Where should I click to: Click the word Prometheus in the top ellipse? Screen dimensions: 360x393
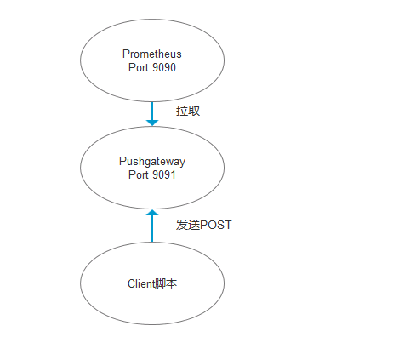click(152, 54)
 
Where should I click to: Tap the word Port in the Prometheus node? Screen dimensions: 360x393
click(139, 68)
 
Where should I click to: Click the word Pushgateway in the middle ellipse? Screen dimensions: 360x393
click(152, 161)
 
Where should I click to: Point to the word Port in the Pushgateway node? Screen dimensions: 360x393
click(139, 174)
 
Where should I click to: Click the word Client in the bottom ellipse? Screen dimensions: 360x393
click(141, 283)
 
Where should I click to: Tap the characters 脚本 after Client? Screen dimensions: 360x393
click(167, 283)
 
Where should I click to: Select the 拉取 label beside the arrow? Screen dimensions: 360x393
click(188, 111)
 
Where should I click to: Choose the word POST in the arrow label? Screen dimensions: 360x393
click(215, 225)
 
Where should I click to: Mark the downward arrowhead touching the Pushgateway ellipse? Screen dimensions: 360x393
click(152, 123)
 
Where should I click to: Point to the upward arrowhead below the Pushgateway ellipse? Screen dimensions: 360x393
click(152, 214)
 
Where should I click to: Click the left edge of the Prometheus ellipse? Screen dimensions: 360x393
click(80, 61)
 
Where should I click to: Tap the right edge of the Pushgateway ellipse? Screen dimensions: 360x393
click(225, 168)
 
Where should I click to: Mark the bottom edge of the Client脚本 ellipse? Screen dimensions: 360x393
click(152, 324)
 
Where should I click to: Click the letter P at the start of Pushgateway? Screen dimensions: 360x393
click(122, 161)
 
